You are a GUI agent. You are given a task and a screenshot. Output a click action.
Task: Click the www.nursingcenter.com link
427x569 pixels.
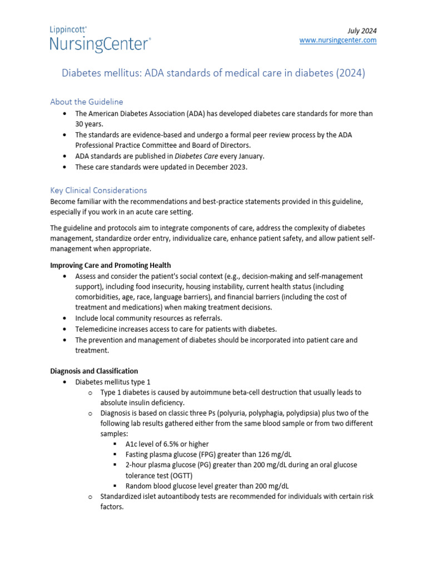pos(338,41)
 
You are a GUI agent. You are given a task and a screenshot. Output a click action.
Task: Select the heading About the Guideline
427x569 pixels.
pos(86,102)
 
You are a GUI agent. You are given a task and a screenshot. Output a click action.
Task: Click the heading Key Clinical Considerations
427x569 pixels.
pos(98,190)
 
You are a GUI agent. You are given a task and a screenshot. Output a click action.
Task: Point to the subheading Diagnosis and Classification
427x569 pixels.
pos(94,371)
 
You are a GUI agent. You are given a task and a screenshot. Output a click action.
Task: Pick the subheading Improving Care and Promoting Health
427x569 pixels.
pos(111,265)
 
